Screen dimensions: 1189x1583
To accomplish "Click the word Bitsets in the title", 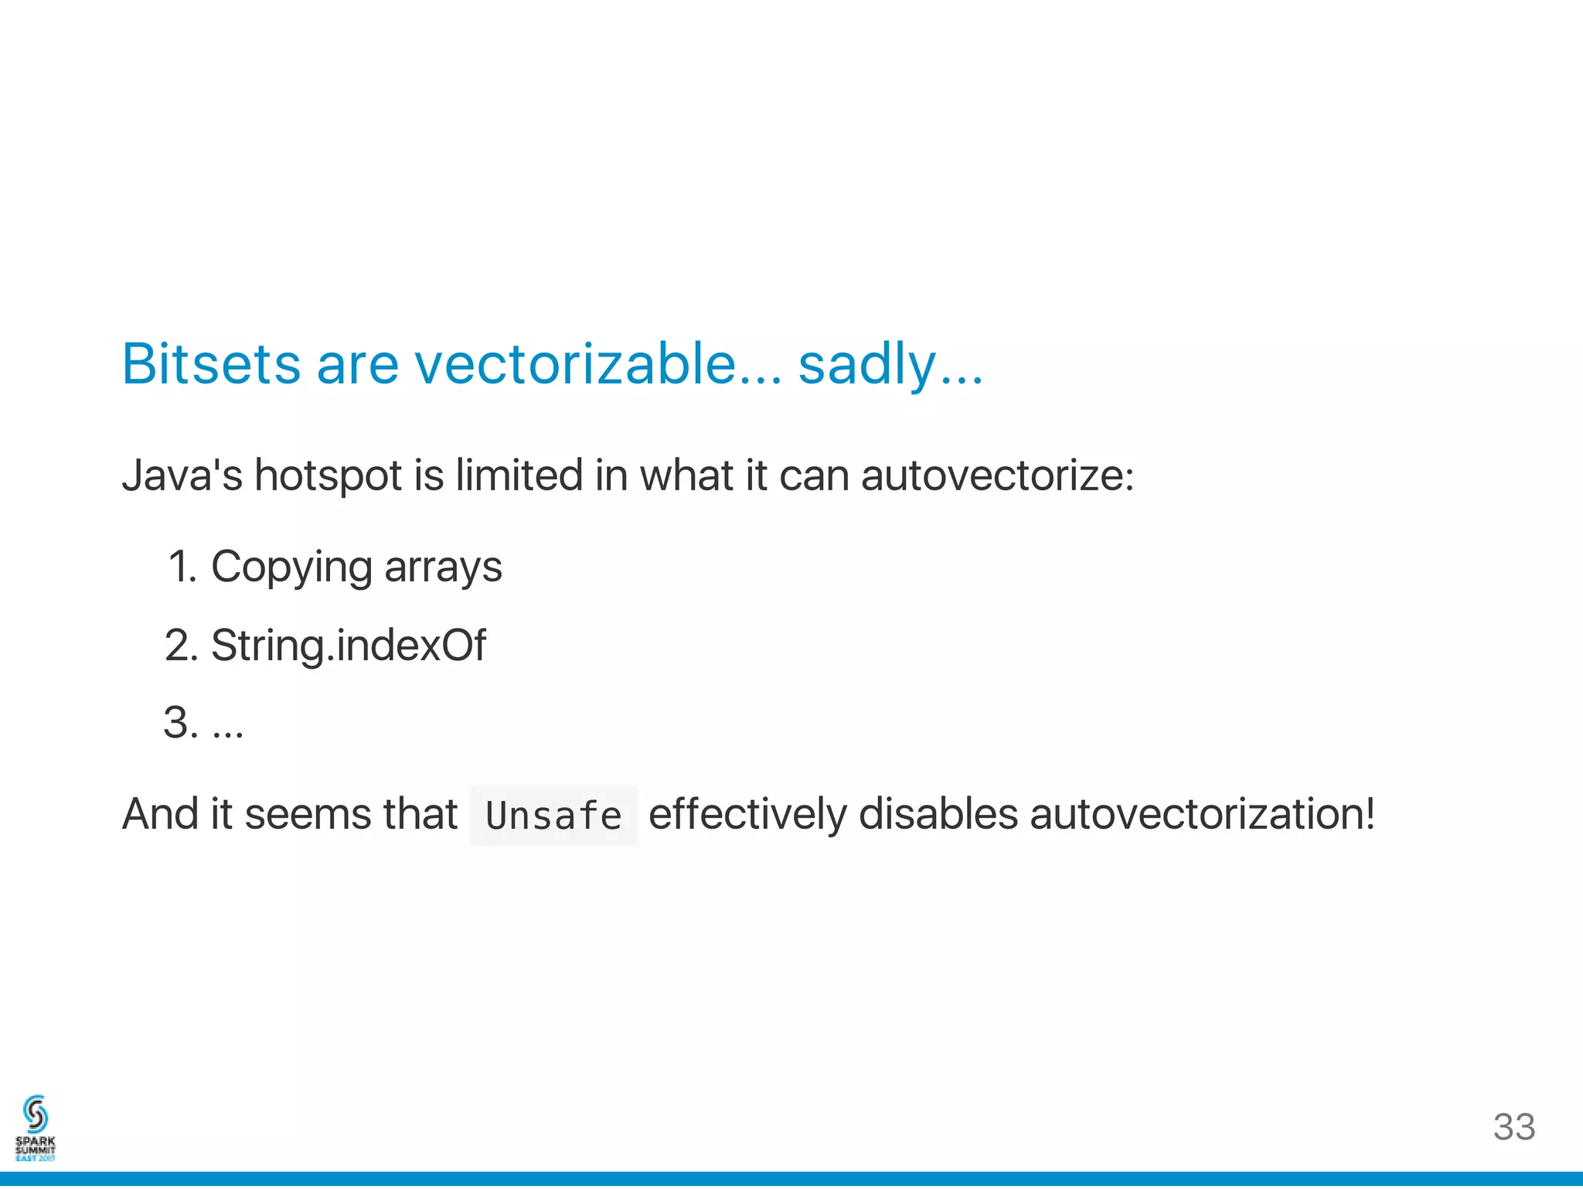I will [x=211, y=363].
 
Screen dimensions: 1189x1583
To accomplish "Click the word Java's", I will [x=182, y=475].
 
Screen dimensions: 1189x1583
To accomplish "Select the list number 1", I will [x=182, y=567].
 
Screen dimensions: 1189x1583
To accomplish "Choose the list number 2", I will [x=182, y=646].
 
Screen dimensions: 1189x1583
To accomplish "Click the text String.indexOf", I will [x=349, y=646].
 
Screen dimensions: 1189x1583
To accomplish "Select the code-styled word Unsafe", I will [x=553, y=816].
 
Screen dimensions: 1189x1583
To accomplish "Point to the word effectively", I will [x=747, y=815].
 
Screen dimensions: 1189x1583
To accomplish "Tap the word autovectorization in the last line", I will [x=1201, y=814].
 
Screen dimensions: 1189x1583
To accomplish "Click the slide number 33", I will [x=1513, y=1127].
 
